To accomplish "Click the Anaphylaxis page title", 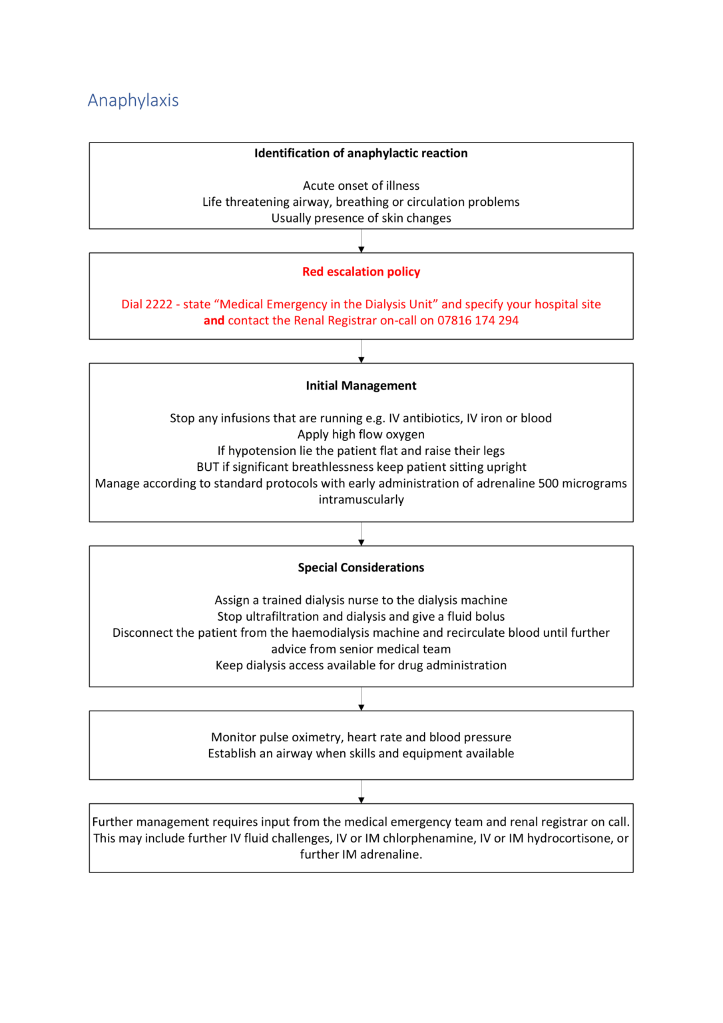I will coord(133,101).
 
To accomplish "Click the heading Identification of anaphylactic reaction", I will coord(361,153).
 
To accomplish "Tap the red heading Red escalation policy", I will coord(361,272).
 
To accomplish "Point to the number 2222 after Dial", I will coord(158,304).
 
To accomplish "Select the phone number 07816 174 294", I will coord(477,320).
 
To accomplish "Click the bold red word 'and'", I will coord(214,320).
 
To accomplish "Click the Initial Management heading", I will coord(361,386).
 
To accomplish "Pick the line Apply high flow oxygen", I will coord(361,434).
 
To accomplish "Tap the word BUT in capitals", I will coord(207,467).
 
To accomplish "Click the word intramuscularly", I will coord(361,500).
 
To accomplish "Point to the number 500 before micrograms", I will coord(548,484).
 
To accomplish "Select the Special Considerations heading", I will coord(361,567).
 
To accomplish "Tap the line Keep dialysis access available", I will coord(361,665).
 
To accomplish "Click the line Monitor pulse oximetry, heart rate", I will coord(361,737).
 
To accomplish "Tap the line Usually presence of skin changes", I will coord(361,218).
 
